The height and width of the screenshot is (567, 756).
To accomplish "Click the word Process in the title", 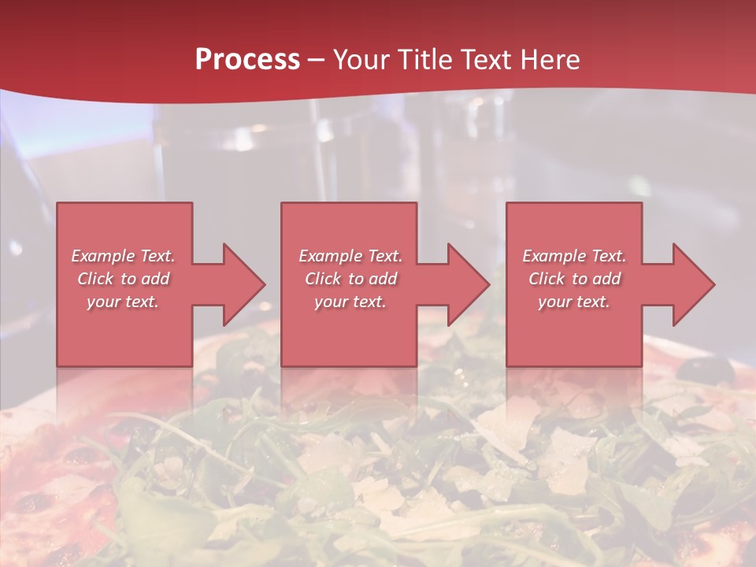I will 247,60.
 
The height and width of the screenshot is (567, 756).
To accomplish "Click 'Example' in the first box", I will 103,256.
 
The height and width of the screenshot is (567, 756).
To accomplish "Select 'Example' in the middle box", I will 331,256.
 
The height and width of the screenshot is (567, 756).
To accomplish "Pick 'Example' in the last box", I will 554,256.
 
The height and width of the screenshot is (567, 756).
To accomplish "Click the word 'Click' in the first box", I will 95,279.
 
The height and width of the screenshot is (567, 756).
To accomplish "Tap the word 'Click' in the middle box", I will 323,279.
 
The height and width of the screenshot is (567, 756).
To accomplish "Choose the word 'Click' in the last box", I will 547,279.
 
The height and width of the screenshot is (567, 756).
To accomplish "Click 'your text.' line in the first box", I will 123,302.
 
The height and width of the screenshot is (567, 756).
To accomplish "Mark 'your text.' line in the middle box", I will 350,302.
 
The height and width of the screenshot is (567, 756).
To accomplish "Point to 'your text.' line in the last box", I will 574,302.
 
